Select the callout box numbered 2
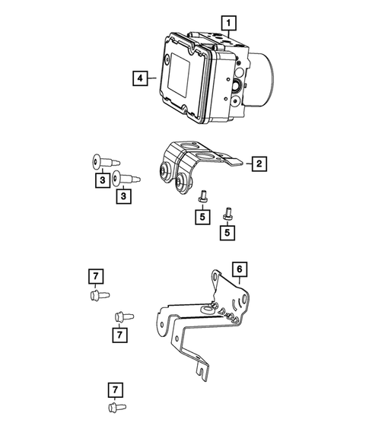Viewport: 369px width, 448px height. [x=259, y=163]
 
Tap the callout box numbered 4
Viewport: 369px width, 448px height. [x=139, y=78]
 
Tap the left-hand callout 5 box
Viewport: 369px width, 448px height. [x=202, y=216]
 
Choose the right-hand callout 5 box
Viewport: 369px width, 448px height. [x=227, y=231]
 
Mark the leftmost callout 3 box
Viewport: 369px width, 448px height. [x=101, y=180]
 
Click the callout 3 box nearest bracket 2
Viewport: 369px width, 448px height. [x=122, y=197]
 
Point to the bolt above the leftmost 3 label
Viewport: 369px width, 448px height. [x=100, y=161]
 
